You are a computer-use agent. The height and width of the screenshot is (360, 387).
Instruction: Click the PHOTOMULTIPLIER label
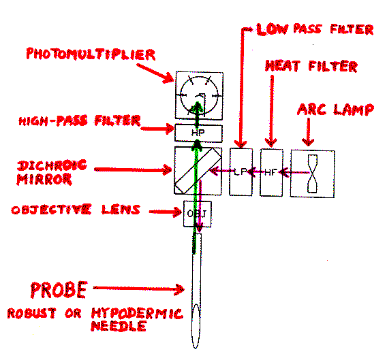click(91, 54)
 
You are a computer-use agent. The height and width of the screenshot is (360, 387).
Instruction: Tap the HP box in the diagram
click(198, 133)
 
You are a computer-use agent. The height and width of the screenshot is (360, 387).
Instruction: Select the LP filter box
click(241, 172)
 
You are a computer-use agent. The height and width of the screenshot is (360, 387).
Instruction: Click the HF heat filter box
click(271, 172)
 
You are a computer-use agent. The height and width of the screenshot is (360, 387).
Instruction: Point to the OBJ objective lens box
click(197, 214)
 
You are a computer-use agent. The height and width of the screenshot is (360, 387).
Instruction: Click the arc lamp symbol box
click(312, 174)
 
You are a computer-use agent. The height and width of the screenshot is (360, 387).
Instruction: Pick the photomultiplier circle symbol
click(199, 96)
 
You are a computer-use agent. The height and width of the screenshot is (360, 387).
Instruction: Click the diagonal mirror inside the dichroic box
click(198, 170)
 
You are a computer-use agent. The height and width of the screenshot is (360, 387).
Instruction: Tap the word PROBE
click(59, 290)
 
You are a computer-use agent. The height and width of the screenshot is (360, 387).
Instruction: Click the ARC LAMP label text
click(335, 110)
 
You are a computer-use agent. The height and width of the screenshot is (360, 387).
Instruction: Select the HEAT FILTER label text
click(311, 66)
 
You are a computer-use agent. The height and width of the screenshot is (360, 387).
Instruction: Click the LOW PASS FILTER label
click(315, 29)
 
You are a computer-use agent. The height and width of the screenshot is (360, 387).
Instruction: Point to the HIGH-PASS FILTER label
click(80, 120)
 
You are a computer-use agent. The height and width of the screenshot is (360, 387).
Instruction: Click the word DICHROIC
click(52, 165)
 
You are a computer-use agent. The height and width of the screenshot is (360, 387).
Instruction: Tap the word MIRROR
click(44, 179)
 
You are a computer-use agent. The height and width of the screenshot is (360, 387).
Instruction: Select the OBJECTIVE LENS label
click(76, 210)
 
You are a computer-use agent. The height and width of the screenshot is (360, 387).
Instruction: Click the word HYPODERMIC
click(137, 313)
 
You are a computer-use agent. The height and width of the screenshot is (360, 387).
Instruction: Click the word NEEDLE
click(119, 326)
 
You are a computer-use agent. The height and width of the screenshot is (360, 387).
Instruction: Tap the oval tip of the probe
click(196, 326)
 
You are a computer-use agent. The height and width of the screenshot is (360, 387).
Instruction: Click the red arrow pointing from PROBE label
click(139, 289)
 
